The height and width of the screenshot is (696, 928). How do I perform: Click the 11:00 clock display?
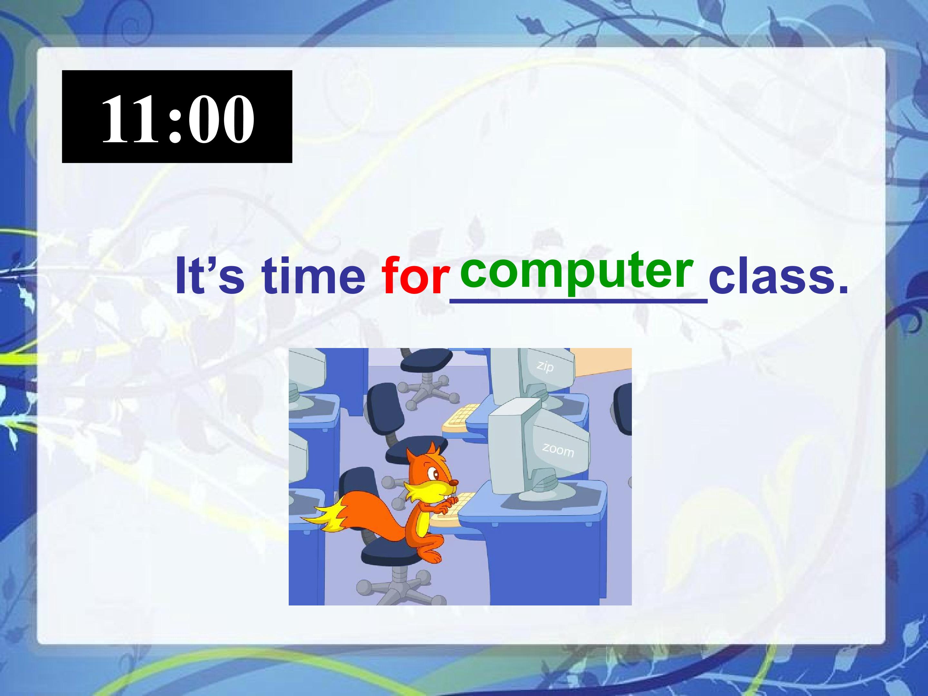(x=177, y=117)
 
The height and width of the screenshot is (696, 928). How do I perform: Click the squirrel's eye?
(x=435, y=475)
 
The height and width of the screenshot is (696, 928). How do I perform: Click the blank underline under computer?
(x=579, y=300)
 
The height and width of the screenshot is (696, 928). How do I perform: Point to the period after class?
(x=839, y=289)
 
